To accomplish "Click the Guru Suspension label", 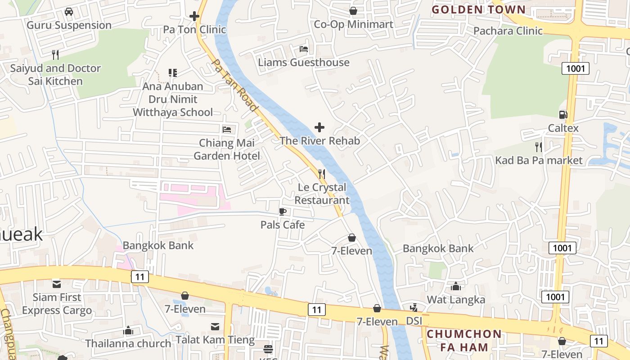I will point(69,25).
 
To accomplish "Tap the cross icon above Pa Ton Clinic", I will point(194,17).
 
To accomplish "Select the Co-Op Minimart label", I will point(353,24).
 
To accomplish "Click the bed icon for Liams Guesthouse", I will point(304,49).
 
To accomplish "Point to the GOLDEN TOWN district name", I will point(478,9).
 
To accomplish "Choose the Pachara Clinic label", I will point(508,31).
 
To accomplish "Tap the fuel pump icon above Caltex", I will point(563,115).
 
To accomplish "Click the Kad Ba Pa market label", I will point(539,160).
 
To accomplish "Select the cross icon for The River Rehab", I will point(319,128).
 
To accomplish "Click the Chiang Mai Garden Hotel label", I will point(227,149).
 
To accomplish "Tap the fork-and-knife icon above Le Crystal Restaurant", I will point(322,174).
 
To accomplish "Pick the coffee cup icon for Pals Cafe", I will point(283,211).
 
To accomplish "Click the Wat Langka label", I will point(456,300).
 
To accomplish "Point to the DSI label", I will point(414,321).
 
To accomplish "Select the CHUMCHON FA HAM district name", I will point(464,341).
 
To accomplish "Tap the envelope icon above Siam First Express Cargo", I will point(57,284).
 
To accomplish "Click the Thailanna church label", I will point(128,343).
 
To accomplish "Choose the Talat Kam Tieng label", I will point(215,339).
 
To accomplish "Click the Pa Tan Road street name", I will point(234,85).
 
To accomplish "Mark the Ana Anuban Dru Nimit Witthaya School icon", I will point(173,73).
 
